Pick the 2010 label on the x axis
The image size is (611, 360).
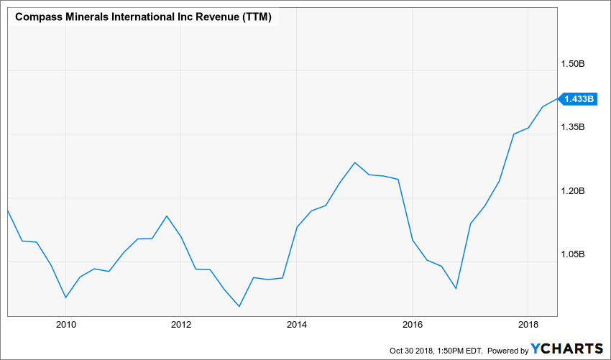pyautogui.click(x=65, y=323)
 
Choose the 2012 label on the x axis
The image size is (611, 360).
pyautogui.click(x=181, y=323)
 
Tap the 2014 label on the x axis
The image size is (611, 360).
pyautogui.click(x=297, y=323)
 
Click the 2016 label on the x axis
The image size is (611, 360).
pyautogui.click(x=413, y=323)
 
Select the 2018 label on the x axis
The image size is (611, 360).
pyautogui.click(x=528, y=323)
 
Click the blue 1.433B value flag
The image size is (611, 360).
pyautogui.click(x=579, y=99)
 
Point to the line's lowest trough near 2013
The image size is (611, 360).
pyautogui.click(x=239, y=306)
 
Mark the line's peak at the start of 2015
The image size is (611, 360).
pyautogui.click(x=355, y=162)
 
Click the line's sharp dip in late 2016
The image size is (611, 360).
pyautogui.click(x=456, y=289)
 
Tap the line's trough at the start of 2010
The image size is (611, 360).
pyautogui.click(x=65, y=297)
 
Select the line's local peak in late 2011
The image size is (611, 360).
pyautogui.click(x=167, y=216)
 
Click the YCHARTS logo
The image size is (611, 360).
pyautogui.click(x=567, y=349)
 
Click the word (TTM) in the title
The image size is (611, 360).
pyautogui.click(x=256, y=17)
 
